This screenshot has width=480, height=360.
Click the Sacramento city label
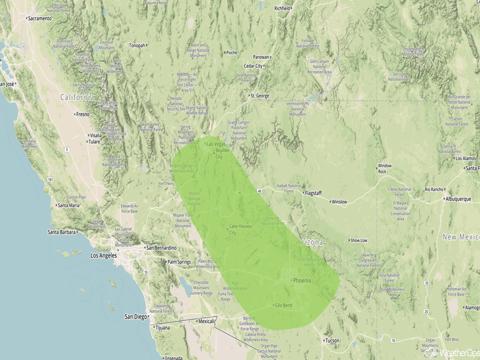coord(39,18)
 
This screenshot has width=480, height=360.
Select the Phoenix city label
coord(302,280)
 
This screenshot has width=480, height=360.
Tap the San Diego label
coord(136,317)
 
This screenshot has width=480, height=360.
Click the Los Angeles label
coord(103,255)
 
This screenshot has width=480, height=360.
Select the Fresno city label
coord(82,114)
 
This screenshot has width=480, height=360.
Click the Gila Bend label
coord(283,305)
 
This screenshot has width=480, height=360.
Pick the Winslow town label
coord(339,202)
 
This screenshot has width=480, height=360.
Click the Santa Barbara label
coord(61,232)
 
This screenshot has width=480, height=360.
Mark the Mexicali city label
coord(207,321)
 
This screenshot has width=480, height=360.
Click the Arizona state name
coord(310,243)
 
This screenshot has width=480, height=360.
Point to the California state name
coord(77,97)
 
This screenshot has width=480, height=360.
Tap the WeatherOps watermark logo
coord(454,352)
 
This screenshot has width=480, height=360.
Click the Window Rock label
coord(385,169)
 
